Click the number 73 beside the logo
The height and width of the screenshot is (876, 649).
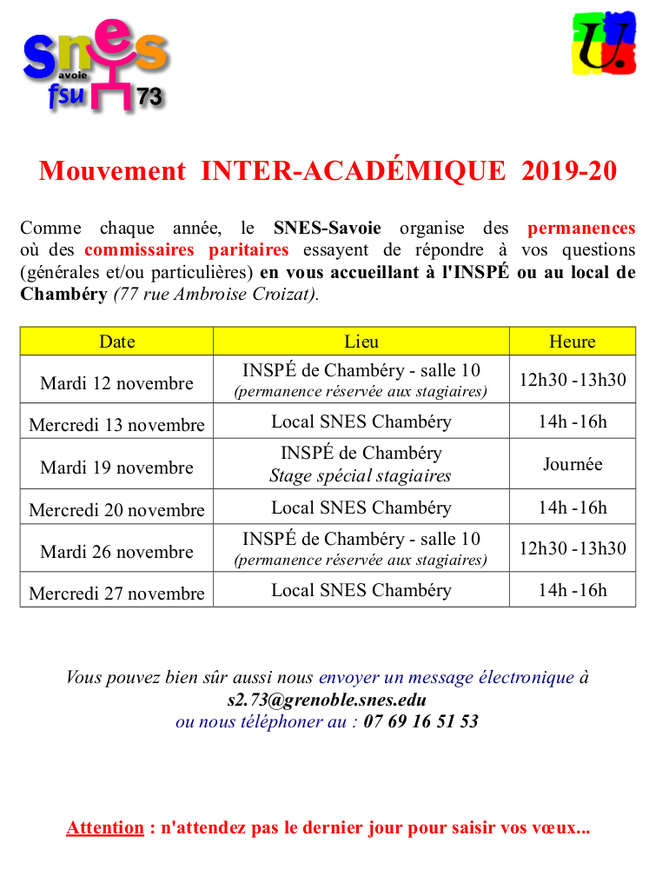(149, 97)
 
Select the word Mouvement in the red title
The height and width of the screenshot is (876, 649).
(112, 171)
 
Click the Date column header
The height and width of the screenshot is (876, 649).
(116, 342)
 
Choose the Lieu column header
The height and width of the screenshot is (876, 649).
(361, 342)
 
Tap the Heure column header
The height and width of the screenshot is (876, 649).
(572, 342)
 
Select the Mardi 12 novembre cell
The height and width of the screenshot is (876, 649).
(116, 382)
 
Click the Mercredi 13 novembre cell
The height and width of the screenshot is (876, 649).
(116, 424)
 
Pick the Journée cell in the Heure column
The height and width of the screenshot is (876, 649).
(572, 464)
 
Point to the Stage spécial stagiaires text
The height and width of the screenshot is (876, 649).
(361, 475)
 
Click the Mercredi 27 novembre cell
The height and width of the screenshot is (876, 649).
(116, 593)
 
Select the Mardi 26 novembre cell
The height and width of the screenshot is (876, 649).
(116, 551)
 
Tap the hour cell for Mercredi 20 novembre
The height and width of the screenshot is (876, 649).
(572, 508)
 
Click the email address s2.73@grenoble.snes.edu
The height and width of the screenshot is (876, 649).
(326, 699)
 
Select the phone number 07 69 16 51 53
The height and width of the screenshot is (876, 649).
(421, 721)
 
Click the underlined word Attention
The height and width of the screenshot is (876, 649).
(105, 827)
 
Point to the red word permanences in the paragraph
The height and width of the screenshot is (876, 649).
(580, 229)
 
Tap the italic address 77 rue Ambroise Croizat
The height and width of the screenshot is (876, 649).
(215, 294)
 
